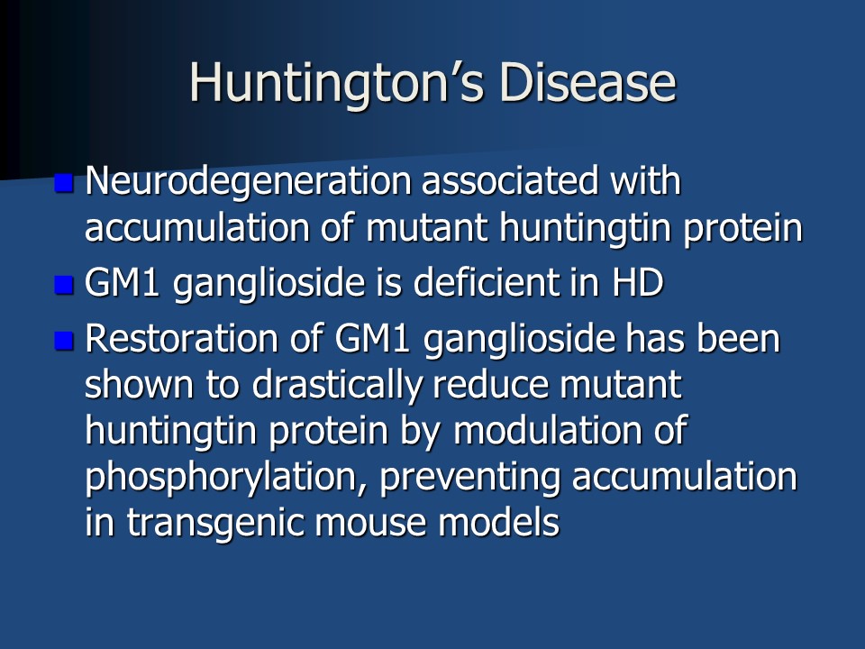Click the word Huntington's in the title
point(336,83)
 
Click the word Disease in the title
point(587,82)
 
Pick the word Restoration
point(181,338)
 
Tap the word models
point(498,522)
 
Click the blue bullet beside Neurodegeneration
point(64,183)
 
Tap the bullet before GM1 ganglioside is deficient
point(64,285)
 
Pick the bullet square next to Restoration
point(64,341)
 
